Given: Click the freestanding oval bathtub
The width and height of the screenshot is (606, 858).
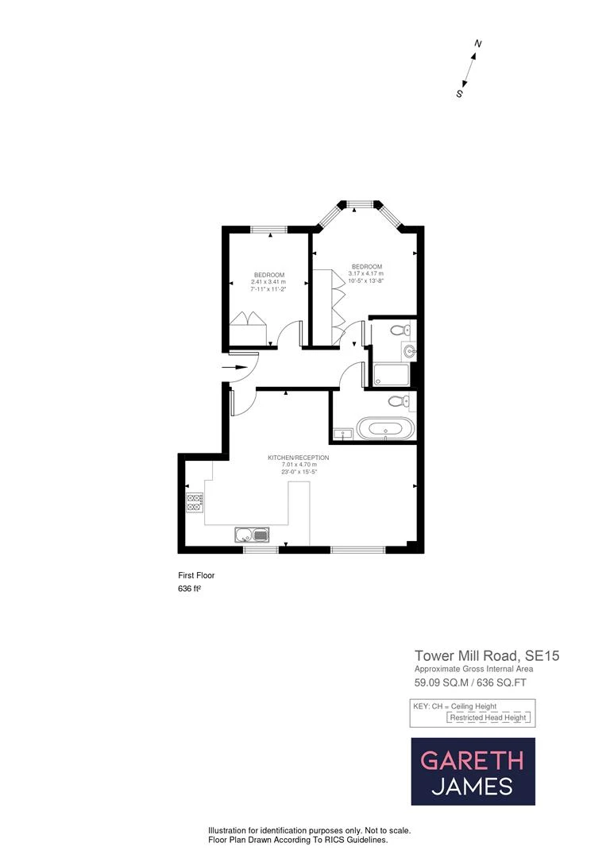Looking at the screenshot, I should [385, 429].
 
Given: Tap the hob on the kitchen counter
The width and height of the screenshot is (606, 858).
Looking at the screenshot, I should [195, 501].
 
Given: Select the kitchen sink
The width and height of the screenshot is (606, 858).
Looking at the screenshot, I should [253, 535].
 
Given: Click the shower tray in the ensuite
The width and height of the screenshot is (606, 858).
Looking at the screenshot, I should [391, 375].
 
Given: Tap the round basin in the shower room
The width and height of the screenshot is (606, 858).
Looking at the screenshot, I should [409, 350].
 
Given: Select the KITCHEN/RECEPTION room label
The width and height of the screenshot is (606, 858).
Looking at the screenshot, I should [298, 458].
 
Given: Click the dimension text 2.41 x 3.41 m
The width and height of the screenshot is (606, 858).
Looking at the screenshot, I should [268, 282].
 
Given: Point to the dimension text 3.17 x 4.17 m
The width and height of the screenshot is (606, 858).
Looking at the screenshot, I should [366, 274].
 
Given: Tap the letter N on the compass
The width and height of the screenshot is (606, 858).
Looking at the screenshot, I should [478, 44].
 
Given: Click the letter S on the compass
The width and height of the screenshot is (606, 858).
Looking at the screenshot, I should [459, 93].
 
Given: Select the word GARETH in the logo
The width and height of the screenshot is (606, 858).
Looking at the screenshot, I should [472, 760].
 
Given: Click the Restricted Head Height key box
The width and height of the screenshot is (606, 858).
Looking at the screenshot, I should [488, 717].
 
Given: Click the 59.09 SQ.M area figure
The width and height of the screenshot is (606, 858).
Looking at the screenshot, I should [441, 682].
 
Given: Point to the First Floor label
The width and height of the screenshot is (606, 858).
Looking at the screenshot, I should [196, 575].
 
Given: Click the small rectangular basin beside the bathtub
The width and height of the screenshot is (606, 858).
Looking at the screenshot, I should [344, 434].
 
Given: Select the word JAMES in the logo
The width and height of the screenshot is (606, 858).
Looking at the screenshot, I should [472, 787].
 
